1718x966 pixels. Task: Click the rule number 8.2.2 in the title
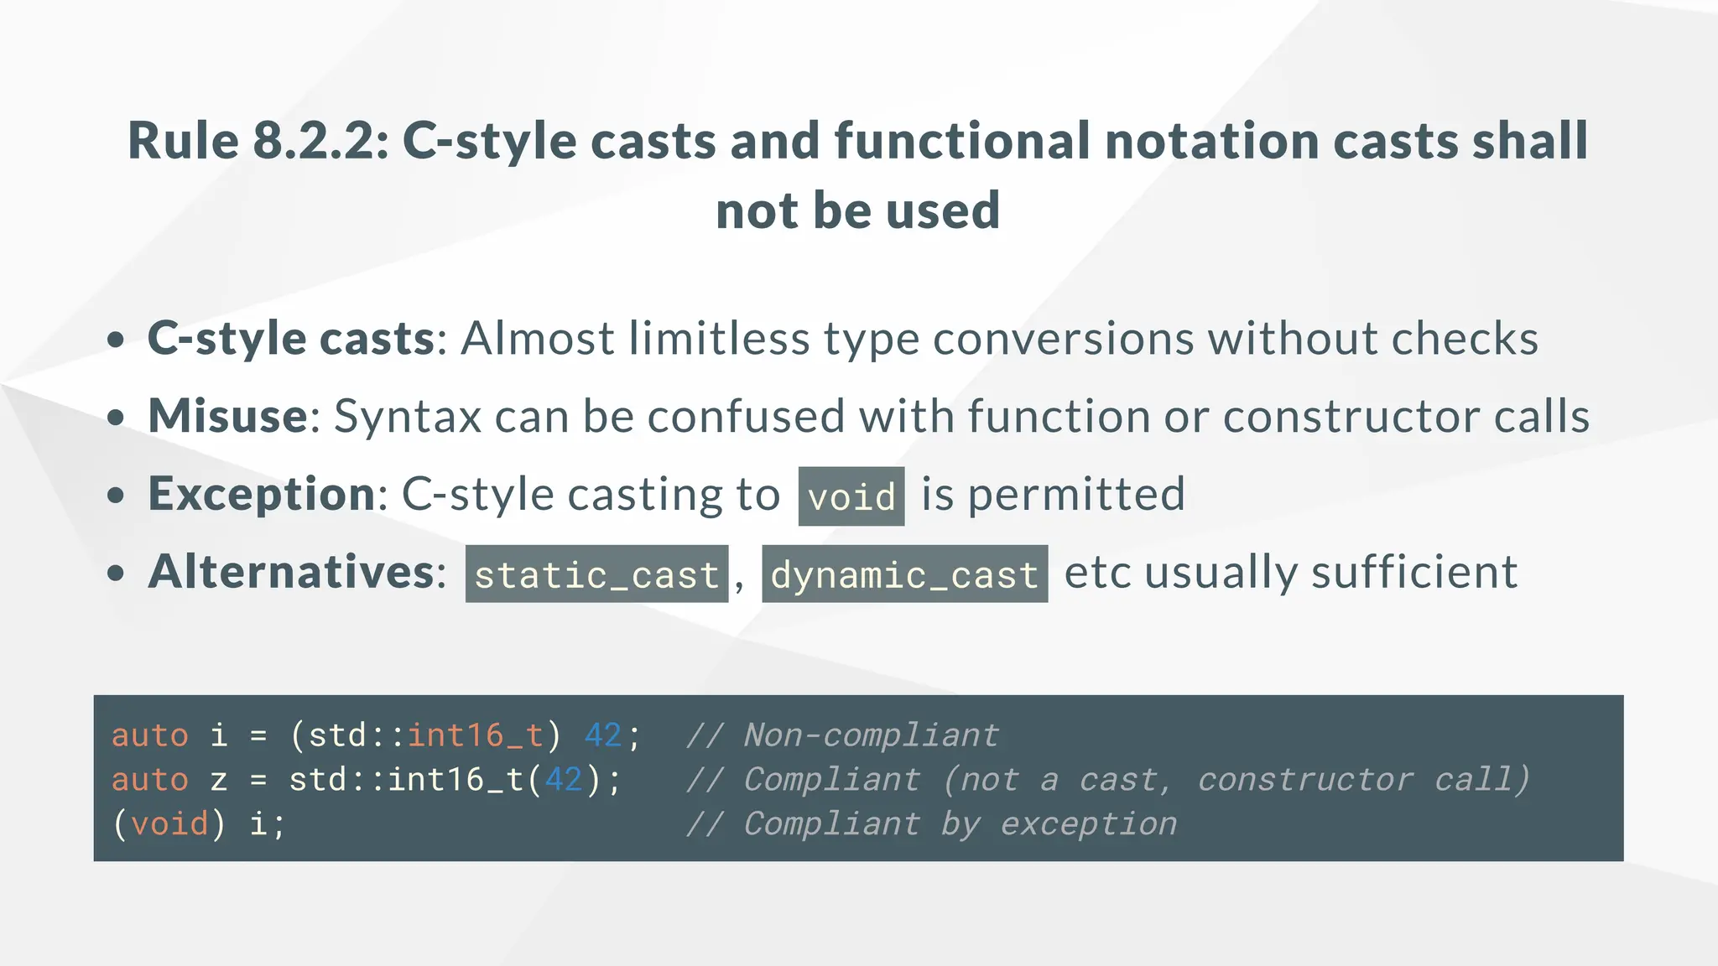[320, 140]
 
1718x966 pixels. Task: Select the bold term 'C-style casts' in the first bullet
[291, 338]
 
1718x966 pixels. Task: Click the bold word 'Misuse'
[228, 416]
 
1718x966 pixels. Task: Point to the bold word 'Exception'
[262, 494]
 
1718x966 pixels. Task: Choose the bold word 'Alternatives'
[291, 572]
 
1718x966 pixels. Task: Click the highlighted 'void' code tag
[851, 496]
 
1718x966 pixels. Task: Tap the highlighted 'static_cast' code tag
[596, 574]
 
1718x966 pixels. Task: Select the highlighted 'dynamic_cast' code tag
[904, 574]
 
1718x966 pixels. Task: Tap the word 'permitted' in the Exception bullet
[1076, 494]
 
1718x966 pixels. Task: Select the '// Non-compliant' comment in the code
[842, 735]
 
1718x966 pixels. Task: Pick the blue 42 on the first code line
[603, 735]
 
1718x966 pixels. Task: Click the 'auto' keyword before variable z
[150, 780]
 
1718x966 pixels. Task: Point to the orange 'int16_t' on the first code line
[476, 735]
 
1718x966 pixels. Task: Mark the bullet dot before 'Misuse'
[116, 417]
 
